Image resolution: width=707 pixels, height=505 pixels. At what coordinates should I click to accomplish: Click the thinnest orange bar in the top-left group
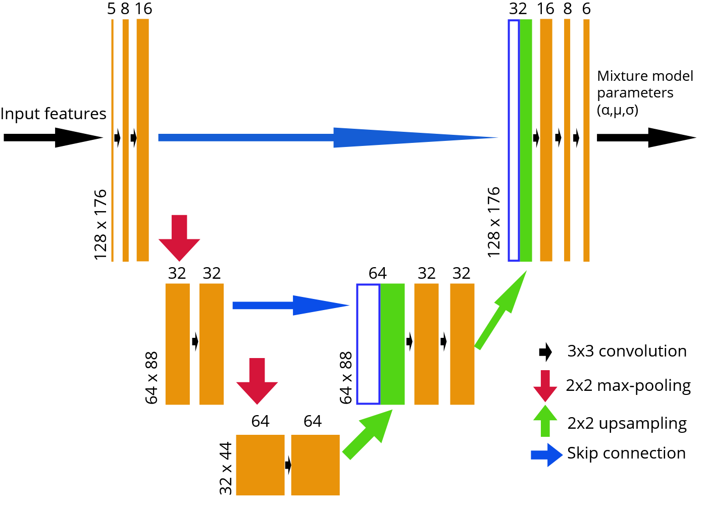[112, 140]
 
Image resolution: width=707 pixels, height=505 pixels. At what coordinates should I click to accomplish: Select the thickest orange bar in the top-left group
[142, 140]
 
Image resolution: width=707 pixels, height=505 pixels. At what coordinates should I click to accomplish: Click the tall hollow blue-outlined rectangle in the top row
[513, 140]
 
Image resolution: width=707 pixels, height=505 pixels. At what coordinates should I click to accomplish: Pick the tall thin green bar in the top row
[526, 140]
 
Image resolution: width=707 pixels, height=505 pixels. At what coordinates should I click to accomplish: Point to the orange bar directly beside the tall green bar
[546, 140]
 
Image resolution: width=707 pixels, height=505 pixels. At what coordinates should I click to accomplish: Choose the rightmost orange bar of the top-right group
[586, 140]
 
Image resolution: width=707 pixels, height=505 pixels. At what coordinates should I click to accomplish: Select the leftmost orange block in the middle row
[177, 344]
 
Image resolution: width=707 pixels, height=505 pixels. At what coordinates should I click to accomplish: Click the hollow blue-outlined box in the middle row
[368, 344]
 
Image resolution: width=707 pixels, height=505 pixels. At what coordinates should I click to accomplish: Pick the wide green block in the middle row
[392, 344]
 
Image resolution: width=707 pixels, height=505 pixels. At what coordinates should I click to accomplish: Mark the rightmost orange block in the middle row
[462, 344]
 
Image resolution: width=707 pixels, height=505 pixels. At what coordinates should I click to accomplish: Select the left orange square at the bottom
[260, 465]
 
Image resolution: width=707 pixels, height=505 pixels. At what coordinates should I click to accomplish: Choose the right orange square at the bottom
[315, 465]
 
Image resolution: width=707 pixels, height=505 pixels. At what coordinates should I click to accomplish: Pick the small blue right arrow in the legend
[547, 455]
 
